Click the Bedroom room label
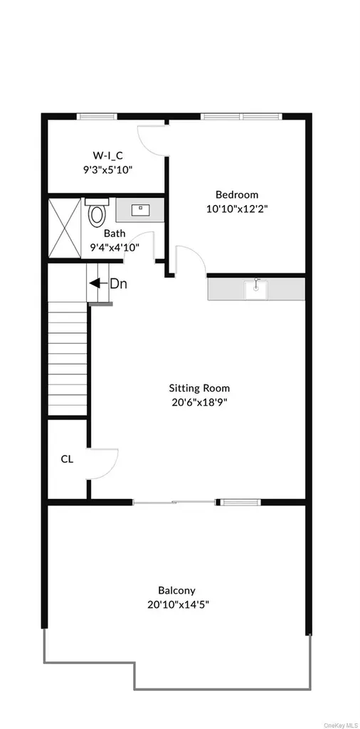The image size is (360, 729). pyautogui.click(x=237, y=195)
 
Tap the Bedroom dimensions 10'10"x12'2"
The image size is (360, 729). pyautogui.click(x=237, y=209)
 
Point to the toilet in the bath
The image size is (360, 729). pyautogui.click(x=97, y=212)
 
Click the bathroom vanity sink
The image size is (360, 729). pyautogui.click(x=139, y=210)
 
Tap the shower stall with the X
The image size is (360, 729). pyautogui.click(x=65, y=229)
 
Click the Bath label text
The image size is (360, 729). pyautogui.click(x=113, y=234)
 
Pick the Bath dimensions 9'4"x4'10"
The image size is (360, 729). pyautogui.click(x=115, y=247)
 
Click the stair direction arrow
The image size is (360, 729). pyautogui.click(x=97, y=283)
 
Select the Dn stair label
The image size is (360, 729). pyautogui.click(x=118, y=283)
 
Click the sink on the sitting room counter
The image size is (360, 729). pyautogui.click(x=256, y=288)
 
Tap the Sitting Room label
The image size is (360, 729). pyautogui.click(x=199, y=388)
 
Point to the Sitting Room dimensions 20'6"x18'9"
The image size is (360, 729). pyautogui.click(x=199, y=402)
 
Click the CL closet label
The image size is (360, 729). pyautogui.click(x=67, y=459)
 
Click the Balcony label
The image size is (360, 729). pyautogui.click(x=177, y=590)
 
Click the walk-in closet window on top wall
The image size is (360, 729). pyautogui.click(x=97, y=116)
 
